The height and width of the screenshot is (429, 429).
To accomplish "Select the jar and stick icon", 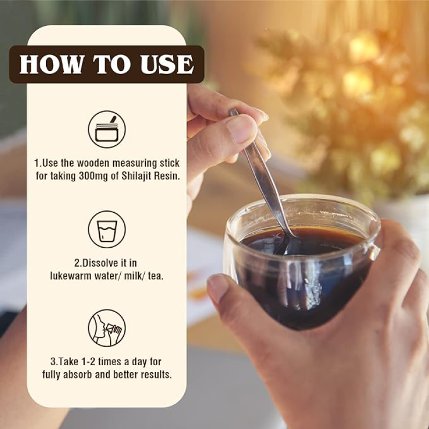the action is [x=107, y=129].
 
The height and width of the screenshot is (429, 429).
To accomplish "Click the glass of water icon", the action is [x=107, y=230].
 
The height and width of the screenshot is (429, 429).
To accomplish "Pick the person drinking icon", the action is [x=107, y=328].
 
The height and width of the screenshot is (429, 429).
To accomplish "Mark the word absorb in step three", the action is [x=77, y=374].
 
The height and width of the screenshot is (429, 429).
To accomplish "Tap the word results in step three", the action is [x=156, y=374].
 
